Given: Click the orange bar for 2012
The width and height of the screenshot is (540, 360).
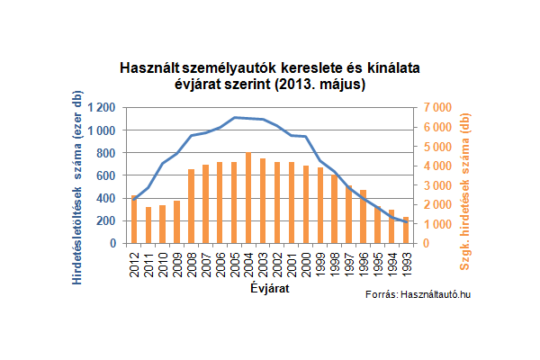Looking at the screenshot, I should pos(134,220).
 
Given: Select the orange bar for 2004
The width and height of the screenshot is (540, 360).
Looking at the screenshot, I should pos(248,198).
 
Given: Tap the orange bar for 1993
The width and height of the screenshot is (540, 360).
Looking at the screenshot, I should pos(406,230).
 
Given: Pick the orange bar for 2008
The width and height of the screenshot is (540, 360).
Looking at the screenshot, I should pos(192,206).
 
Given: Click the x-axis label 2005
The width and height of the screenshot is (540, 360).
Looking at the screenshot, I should pos(234,263).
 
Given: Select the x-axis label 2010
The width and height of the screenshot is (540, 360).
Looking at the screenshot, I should pos(163,263).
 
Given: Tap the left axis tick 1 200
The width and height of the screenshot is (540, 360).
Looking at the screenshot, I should pos(102,107).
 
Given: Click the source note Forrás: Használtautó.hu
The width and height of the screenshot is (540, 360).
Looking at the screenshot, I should pos(418,296).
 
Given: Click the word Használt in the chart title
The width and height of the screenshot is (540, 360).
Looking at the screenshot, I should pos(149,68).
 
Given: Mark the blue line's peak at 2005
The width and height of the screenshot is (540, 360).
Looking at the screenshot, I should pos(234,118).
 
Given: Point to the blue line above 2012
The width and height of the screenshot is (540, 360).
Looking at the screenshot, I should pos(134,197).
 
